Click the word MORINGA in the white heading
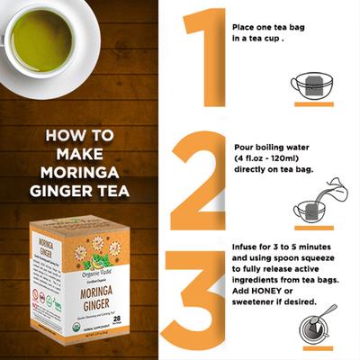[85, 171]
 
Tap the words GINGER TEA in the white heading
[86, 190]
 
